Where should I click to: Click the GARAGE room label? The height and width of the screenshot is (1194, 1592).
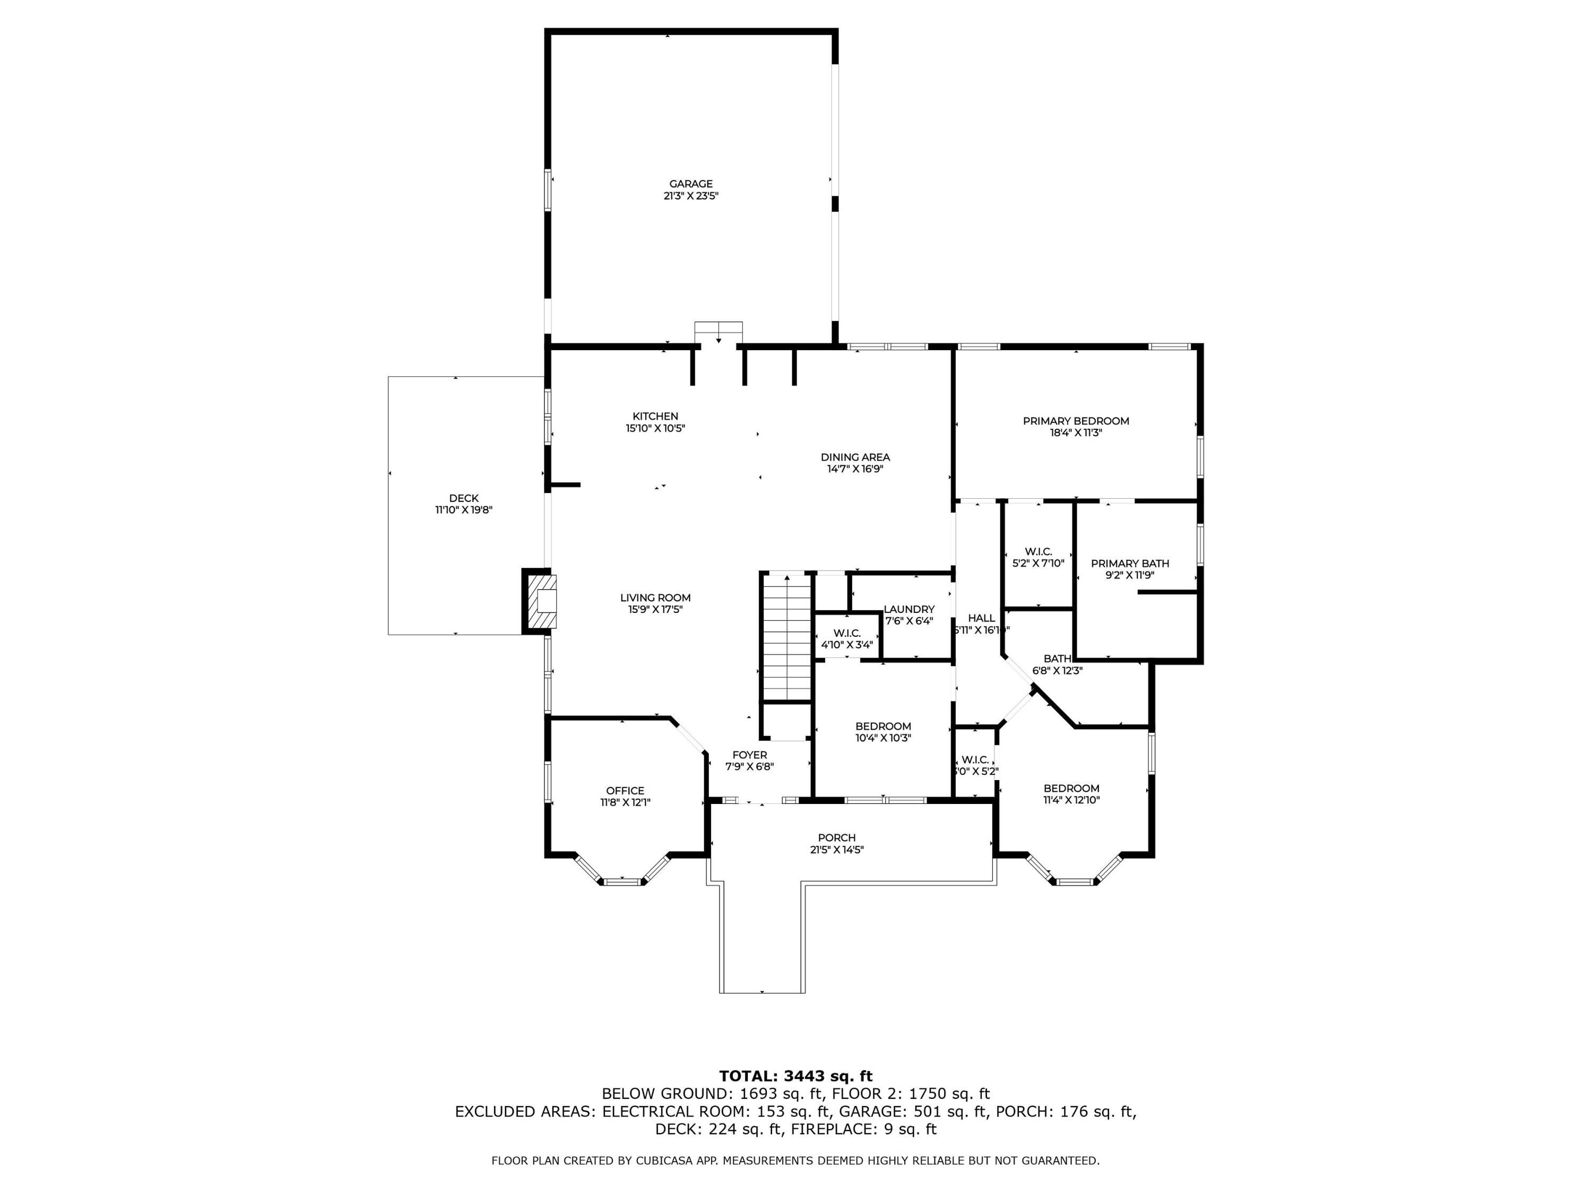[690, 184]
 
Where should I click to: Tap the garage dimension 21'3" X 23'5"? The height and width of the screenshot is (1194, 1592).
[690, 196]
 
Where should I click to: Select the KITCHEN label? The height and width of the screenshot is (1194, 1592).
[654, 416]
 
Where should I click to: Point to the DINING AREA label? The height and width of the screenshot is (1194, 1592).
[854, 457]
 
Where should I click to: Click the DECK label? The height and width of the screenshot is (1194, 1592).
[463, 498]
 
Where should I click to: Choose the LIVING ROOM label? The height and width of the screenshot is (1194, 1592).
[654, 598]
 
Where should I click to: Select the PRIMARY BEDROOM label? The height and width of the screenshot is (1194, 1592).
[1075, 421]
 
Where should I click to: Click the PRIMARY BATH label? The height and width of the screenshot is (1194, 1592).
[1129, 564]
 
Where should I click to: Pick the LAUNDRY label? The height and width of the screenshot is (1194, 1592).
[909, 609]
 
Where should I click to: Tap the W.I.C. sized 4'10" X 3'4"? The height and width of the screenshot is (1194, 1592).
[846, 639]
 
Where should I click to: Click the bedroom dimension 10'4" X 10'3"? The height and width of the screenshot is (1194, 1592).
[882, 738]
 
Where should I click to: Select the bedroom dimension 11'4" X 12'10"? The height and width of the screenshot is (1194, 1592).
[1071, 800]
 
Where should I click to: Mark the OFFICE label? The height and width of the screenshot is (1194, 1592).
[625, 790]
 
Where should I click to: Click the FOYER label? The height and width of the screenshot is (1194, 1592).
[749, 755]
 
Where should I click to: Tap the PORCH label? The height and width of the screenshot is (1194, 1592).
[836, 838]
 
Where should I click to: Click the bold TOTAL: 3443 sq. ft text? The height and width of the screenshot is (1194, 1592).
[795, 1076]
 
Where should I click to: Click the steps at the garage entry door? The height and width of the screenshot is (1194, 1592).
[717, 333]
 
